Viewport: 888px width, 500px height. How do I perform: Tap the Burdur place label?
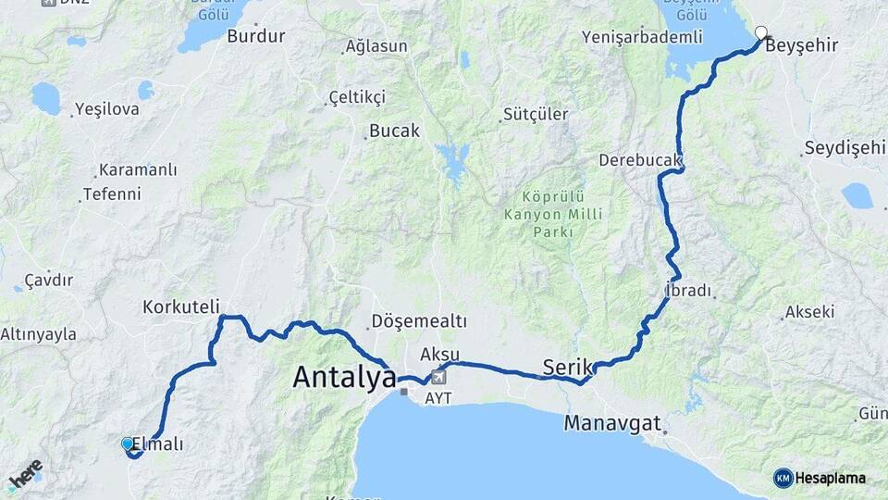pyautogui.click(x=255, y=36)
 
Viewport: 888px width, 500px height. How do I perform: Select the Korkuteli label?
pyautogui.click(x=181, y=306)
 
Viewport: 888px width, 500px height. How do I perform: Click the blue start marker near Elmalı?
pyautogui.click(x=128, y=444)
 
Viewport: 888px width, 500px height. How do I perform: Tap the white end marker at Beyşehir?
pyautogui.click(x=760, y=33)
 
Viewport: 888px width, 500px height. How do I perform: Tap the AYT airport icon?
pyautogui.click(x=438, y=377)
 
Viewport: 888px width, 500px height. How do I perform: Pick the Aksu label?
pyautogui.click(x=439, y=355)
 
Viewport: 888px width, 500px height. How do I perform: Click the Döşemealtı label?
pyautogui.click(x=418, y=320)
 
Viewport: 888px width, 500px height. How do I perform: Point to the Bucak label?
pyautogui.click(x=394, y=131)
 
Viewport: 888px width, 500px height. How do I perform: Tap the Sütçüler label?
pyautogui.click(x=535, y=115)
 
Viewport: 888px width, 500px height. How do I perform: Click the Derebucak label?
pyautogui.click(x=639, y=160)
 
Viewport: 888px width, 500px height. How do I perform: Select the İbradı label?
pyautogui.click(x=688, y=291)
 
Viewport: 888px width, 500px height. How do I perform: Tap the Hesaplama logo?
pyautogui.click(x=820, y=478)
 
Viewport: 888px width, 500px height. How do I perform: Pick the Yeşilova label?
pyautogui.click(x=107, y=109)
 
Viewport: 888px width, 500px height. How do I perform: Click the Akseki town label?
pyautogui.click(x=809, y=312)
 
